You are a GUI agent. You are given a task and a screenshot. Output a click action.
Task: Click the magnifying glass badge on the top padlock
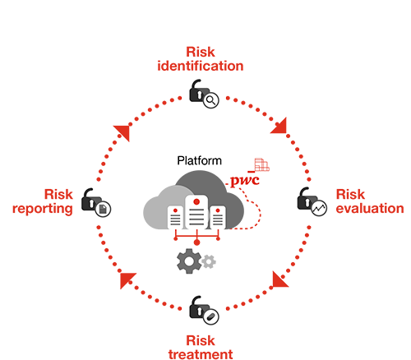tap(211, 100)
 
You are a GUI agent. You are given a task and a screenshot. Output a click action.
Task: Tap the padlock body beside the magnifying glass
tap(198, 95)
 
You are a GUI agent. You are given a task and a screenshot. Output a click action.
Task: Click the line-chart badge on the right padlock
tap(319, 208)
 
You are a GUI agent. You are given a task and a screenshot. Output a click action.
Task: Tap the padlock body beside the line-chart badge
tap(306, 203)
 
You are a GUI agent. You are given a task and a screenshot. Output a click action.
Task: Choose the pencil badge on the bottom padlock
tap(211, 315)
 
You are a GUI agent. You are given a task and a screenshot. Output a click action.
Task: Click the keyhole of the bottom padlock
tap(198, 311)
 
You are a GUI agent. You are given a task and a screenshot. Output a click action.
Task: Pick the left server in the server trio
tap(175, 218)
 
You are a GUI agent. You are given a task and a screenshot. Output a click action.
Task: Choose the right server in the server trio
tap(217, 218)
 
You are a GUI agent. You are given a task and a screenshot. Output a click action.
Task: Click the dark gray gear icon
tap(190, 261)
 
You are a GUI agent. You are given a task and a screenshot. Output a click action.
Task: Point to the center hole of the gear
tap(190, 261)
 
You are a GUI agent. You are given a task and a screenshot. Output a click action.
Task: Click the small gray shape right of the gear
tap(226, 264)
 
